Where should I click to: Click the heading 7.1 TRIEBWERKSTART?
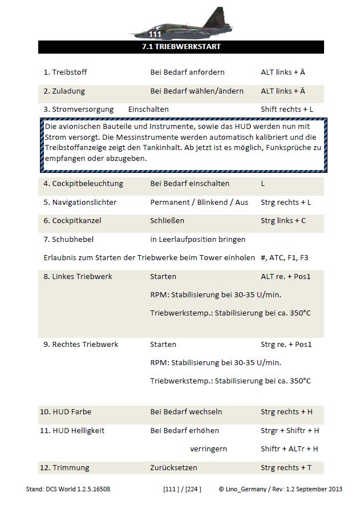[180, 47]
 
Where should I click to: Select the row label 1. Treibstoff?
[65, 72]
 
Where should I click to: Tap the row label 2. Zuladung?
[64, 91]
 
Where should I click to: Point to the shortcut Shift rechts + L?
[287, 109]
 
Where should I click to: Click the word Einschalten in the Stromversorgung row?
[148, 109]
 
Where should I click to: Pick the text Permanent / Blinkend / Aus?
[199, 202]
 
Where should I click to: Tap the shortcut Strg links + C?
[284, 220]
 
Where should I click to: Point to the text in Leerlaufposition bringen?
[197, 239]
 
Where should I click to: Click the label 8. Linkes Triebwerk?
[78, 276]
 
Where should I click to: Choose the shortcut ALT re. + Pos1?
[286, 276]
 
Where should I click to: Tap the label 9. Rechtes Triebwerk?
[81, 344]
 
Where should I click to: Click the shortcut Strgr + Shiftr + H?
[290, 430]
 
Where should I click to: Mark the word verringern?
[208, 449]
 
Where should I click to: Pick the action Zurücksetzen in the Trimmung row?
[173, 467]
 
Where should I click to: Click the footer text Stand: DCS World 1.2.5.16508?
[76, 489]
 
